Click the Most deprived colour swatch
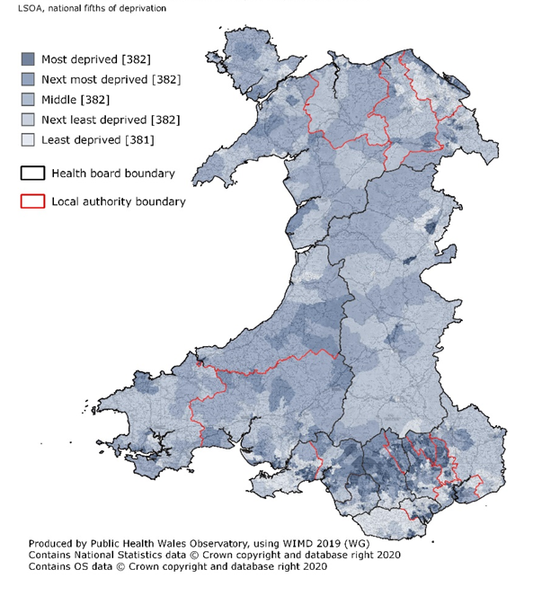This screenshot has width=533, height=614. pyautogui.click(x=28, y=59)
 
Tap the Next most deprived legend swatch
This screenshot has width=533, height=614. pyautogui.click(x=28, y=79)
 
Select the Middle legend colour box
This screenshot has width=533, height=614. pyautogui.click(x=28, y=99)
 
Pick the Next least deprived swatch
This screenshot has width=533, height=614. pyautogui.click(x=28, y=119)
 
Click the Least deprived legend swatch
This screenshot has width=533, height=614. pyautogui.click(x=28, y=139)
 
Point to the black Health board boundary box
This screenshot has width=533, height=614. pyautogui.click(x=32, y=174)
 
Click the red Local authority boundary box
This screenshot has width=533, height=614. pyautogui.click(x=32, y=201)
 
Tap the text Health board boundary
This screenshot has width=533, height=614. pyautogui.click(x=113, y=174)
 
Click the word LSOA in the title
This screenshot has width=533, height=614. pyautogui.click(x=17, y=8)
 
